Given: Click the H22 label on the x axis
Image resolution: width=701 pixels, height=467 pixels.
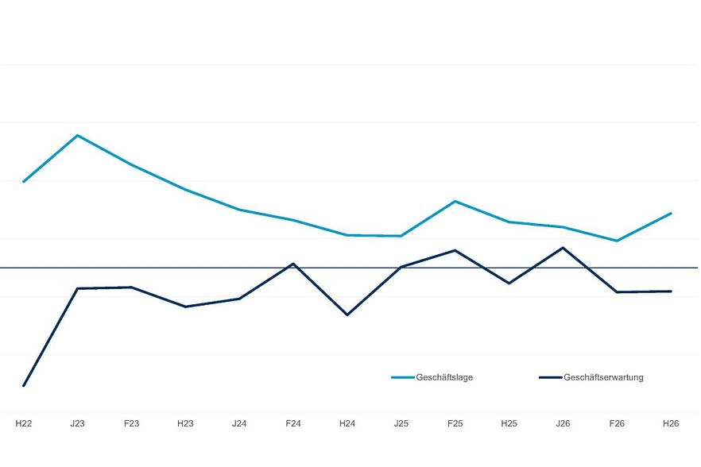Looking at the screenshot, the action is [x=24, y=423].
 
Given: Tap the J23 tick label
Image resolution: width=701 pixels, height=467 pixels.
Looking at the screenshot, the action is [x=77, y=423].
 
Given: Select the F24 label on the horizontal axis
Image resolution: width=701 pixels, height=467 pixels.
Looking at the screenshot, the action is [x=293, y=423].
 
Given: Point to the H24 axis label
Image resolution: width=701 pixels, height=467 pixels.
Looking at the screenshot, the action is [x=347, y=423].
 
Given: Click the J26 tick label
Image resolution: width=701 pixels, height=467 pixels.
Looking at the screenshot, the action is [x=563, y=423].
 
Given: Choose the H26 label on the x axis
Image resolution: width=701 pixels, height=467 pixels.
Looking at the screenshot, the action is [x=671, y=423].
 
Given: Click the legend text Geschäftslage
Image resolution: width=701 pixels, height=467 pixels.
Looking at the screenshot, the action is [x=444, y=377].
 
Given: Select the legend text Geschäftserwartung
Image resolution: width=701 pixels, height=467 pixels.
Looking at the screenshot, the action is [x=603, y=377].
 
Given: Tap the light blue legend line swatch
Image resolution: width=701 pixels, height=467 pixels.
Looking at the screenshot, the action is [x=402, y=377].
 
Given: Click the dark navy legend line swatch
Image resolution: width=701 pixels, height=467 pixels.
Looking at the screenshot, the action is [x=550, y=377].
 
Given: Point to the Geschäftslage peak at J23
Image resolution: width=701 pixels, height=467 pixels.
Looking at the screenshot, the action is [x=78, y=135].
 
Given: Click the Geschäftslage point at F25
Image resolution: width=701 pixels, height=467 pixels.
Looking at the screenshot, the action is [x=455, y=201].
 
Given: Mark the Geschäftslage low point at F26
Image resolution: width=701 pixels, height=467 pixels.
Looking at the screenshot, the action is [x=617, y=241].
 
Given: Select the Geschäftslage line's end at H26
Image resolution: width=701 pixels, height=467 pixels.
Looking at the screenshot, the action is [x=671, y=214].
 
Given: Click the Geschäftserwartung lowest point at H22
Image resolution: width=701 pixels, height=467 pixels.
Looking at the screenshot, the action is [x=24, y=385].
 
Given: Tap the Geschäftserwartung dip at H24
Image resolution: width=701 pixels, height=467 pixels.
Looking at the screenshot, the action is [x=347, y=315].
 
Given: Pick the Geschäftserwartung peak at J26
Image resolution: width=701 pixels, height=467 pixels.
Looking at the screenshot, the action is [x=563, y=248].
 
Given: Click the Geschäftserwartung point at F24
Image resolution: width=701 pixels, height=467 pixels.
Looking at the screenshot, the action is [x=293, y=264].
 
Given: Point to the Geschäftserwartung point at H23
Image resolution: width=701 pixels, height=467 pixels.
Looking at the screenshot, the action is [x=185, y=307].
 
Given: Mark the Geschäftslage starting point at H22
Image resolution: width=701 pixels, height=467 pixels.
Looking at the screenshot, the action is [x=24, y=181].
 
